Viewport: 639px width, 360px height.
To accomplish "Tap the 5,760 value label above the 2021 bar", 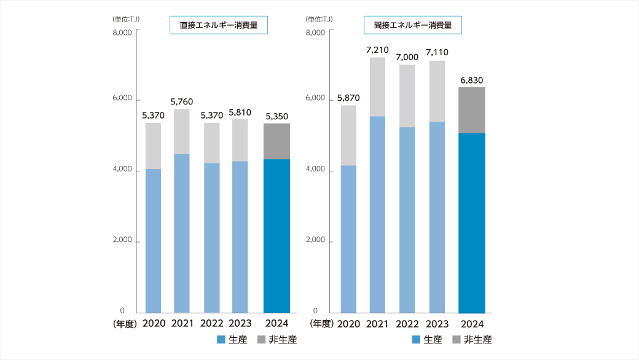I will click(181, 101).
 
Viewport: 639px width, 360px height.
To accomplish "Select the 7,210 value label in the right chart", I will click(378, 49).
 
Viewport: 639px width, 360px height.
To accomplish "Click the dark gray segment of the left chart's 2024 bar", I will click(276, 141).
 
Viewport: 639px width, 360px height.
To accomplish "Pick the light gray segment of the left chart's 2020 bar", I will click(153, 146).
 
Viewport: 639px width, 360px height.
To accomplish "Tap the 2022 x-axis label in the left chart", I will click(212, 323).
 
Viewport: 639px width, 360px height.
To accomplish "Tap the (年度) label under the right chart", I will click(321, 323).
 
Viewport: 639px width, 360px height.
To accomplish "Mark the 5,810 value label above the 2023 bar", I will click(240, 112).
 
